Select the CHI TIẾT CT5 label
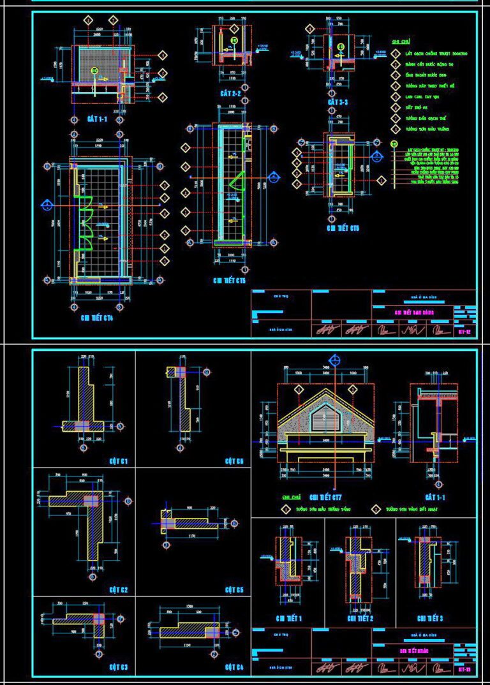pyautogui.click(x=230, y=279)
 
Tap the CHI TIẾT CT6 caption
pyautogui.click(x=343, y=228)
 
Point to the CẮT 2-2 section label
pyautogui.click(x=230, y=93)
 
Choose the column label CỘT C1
pyautogui.click(x=119, y=460)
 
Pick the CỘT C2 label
pyautogui.click(x=119, y=590)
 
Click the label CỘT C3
pyautogui.click(x=119, y=667)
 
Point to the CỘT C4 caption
pyautogui.click(x=234, y=667)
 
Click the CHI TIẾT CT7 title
pyautogui.click(x=325, y=497)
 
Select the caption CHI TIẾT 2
pyautogui.click(x=360, y=619)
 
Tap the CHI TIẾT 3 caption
pyautogui.click(x=429, y=619)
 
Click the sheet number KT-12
pyautogui.click(x=464, y=332)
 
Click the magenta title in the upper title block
pyautogui.click(x=410, y=312)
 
